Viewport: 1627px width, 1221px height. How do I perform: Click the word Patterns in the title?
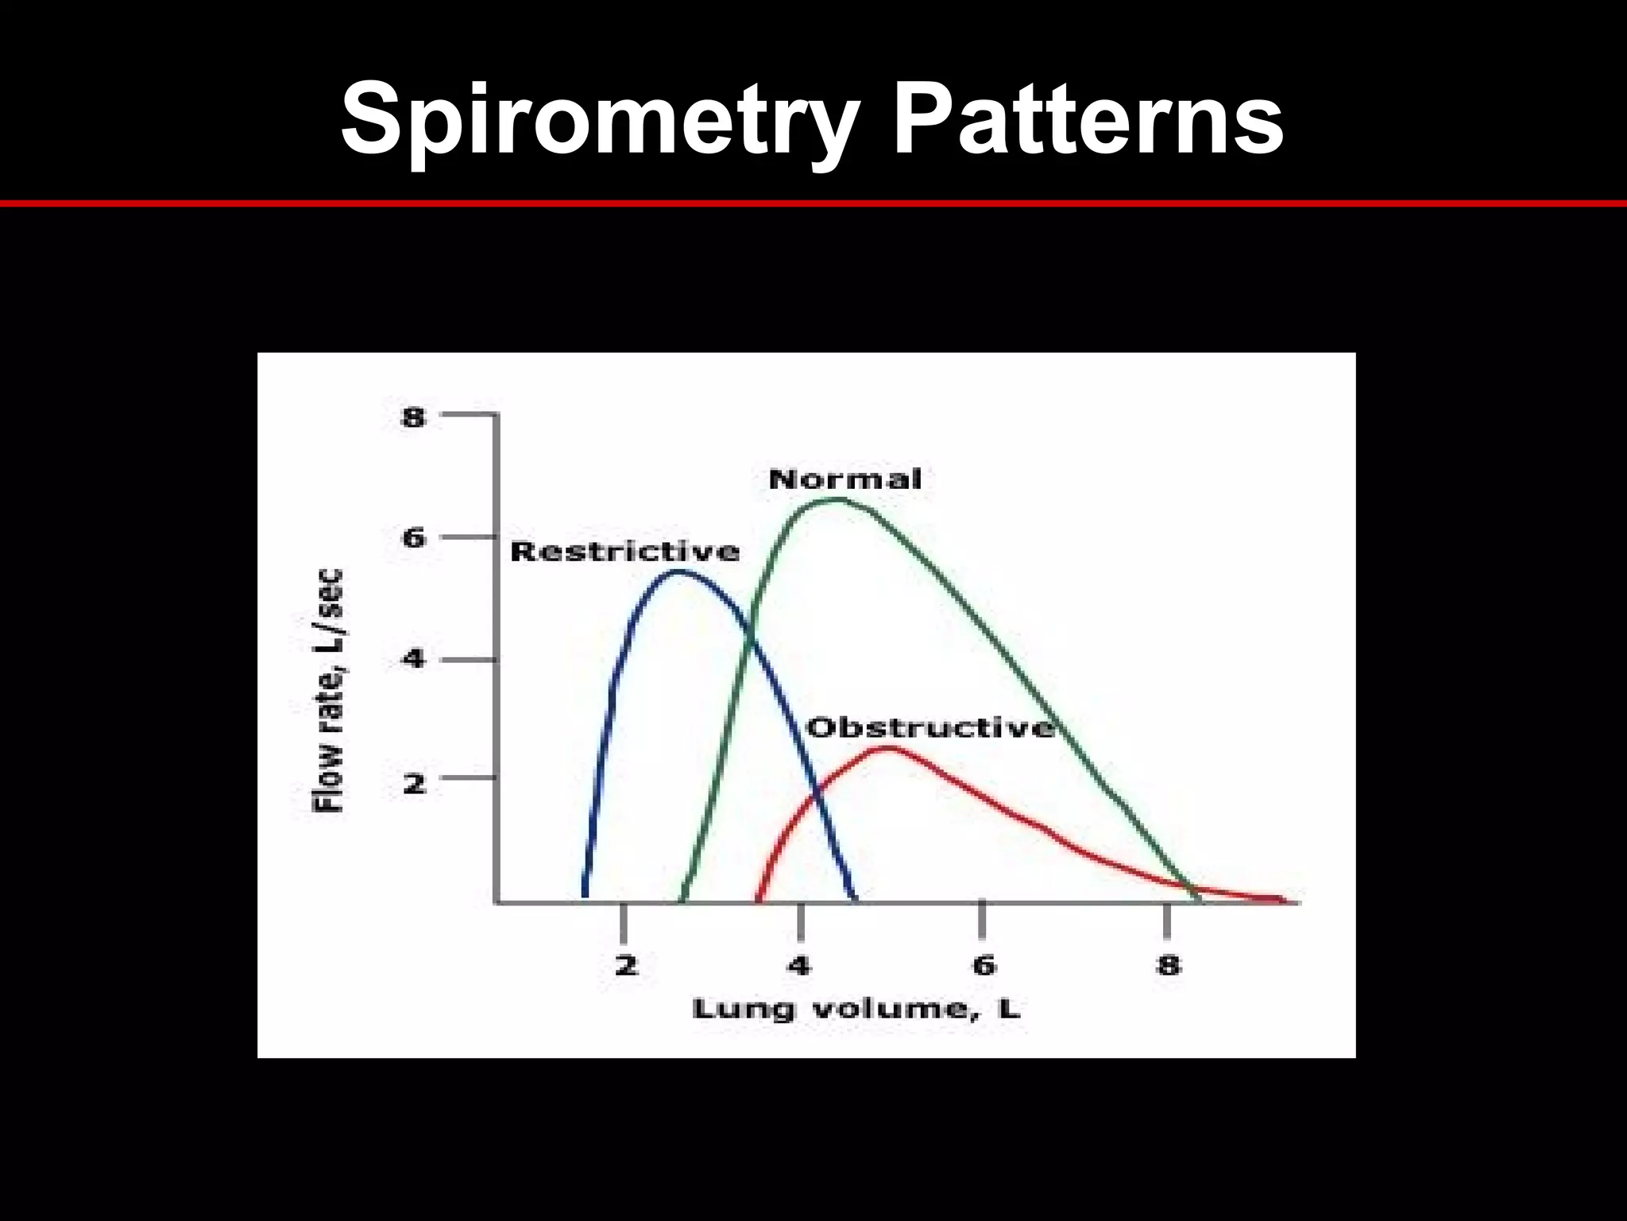[1088, 119]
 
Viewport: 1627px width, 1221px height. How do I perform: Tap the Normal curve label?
[844, 479]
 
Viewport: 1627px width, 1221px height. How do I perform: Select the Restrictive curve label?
[624, 551]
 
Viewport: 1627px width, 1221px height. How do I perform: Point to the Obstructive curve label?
[930, 727]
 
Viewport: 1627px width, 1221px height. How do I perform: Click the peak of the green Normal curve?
[836, 499]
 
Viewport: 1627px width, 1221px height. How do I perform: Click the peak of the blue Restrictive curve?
[680, 571]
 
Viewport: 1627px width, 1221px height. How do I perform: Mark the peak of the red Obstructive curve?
[888, 748]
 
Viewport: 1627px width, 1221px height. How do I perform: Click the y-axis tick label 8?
[413, 417]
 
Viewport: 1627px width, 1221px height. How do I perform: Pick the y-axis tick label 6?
[413, 539]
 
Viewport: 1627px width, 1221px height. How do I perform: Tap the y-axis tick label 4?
[413, 660]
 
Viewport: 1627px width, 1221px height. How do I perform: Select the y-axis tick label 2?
[413, 784]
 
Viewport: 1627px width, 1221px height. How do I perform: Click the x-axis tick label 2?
[626, 966]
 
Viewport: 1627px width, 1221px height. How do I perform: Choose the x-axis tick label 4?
[799, 966]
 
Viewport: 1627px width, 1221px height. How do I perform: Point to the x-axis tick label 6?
[984, 966]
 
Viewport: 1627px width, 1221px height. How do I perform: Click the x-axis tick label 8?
[1168, 966]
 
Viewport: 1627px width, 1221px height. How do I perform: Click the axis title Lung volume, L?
[856, 1010]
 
